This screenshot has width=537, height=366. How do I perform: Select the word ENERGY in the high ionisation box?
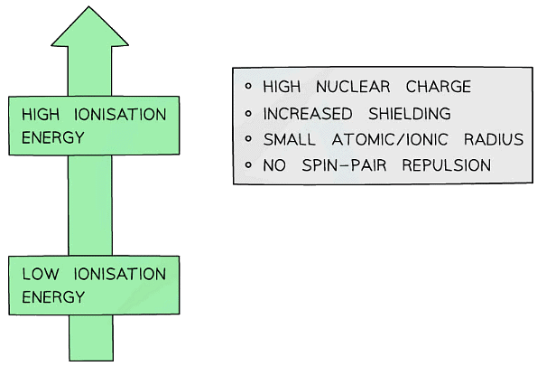52,137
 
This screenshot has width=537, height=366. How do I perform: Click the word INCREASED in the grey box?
310,114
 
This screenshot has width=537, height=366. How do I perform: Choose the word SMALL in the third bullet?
289,140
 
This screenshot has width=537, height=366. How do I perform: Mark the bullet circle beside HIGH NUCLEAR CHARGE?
248,87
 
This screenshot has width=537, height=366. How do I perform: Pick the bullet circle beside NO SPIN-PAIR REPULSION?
248,165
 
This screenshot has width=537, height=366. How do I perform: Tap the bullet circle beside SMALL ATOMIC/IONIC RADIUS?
248,139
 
